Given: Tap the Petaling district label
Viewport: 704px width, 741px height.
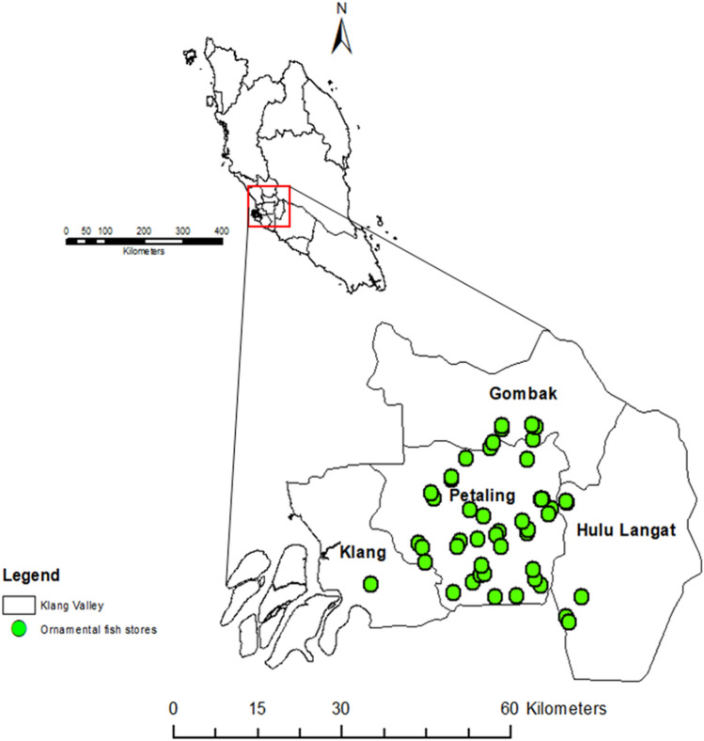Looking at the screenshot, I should pyautogui.click(x=482, y=495).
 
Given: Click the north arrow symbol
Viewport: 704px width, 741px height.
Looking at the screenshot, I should pyautogui.click(x=341, y=38).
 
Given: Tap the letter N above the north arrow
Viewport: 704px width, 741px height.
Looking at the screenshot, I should pyautogui.click(x=342, y=9).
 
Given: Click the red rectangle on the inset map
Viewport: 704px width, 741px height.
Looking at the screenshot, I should pyautogui.click(x=269, y=206).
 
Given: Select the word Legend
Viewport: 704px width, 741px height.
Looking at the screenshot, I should pyautogui.click(x=31, y=574).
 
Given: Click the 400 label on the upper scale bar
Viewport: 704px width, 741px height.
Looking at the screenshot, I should pyautogui.click(x=222, y=230).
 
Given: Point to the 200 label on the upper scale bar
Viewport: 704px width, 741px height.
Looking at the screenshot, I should pyautogui.click(x=144, y=230).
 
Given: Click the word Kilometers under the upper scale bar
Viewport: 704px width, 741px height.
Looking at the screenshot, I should pyautogui.click(x=143, y=252).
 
